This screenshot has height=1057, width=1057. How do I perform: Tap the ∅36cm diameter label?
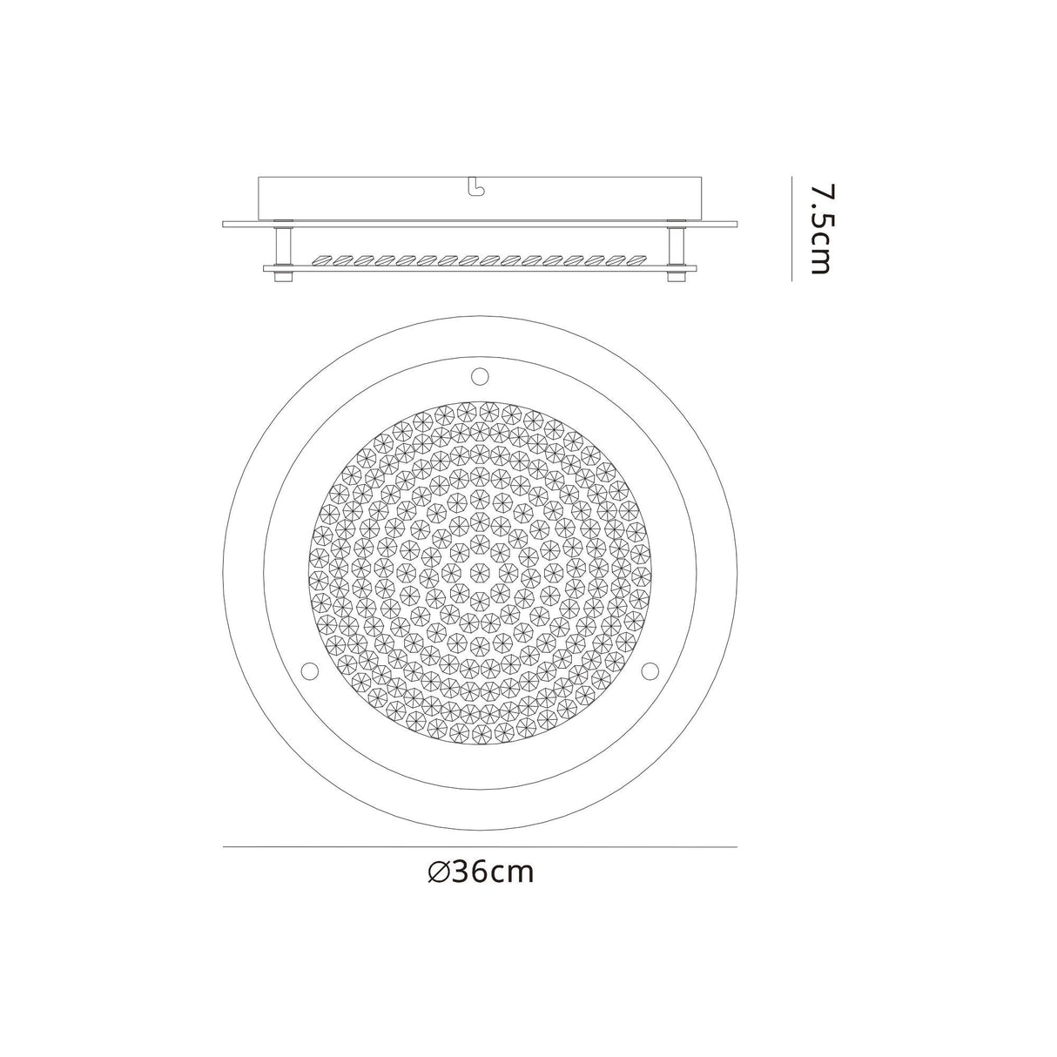pos(481,872)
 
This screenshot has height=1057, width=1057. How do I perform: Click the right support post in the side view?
pos(674,245)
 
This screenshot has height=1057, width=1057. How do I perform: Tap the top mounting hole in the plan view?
pos(478,376)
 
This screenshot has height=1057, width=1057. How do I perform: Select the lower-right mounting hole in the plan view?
pos(650,670)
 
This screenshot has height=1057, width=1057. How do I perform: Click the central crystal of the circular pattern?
pos(478,572)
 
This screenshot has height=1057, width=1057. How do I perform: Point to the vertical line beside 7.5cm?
pos(791,228)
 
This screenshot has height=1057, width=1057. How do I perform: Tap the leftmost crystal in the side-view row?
pos(323,259)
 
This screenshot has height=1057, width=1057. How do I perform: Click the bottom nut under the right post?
pos(674,277)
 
